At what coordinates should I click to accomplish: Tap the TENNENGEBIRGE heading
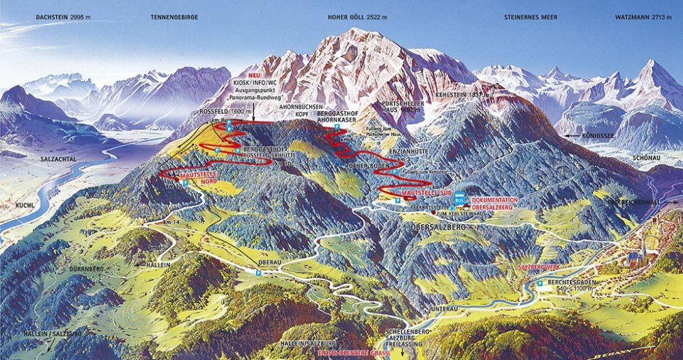click(x=168, y=15)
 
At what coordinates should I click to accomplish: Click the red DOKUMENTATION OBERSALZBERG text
click(x=494, y=204)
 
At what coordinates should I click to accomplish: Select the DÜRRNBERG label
click(x=86, y=269)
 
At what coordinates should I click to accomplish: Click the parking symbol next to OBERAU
click(x=258, y=273)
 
